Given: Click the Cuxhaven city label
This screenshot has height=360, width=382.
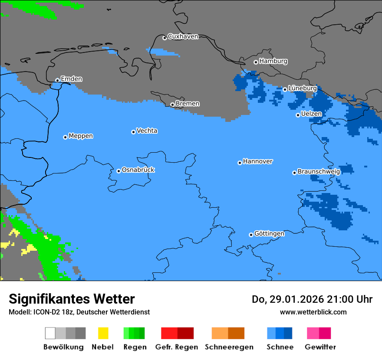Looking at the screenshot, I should point(183,37).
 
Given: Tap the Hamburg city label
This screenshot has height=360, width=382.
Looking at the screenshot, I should point(273,62).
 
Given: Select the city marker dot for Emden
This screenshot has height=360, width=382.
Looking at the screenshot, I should point(57,80).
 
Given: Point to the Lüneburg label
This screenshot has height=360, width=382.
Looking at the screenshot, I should point(302,88).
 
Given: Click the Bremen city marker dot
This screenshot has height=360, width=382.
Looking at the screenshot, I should point(172,105).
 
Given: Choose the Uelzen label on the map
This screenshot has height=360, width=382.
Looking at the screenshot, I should point(311,114).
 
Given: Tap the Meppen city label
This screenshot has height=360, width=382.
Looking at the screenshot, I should point(81,136).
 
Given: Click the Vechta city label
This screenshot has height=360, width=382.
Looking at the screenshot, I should point(147,131).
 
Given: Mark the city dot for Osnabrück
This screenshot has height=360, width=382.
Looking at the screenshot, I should point(119,171).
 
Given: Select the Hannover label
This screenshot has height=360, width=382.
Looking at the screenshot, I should point(257,162).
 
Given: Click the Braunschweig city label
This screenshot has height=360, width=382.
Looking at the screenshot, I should point(319,172).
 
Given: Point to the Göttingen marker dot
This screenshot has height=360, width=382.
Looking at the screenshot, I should point(251,235).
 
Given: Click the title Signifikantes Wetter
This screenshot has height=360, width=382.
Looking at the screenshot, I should point(72,299).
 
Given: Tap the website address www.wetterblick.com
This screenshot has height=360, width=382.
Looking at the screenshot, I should point(313,312).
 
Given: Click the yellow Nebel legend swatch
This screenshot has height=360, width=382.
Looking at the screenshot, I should point(103,333).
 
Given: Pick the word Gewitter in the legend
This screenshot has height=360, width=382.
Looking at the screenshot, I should point(320,347).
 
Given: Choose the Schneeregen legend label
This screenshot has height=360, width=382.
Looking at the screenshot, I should point(229,347).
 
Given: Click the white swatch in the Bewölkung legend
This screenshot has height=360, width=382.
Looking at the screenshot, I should point(50,333).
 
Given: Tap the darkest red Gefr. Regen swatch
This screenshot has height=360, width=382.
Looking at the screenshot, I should point(185,333).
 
